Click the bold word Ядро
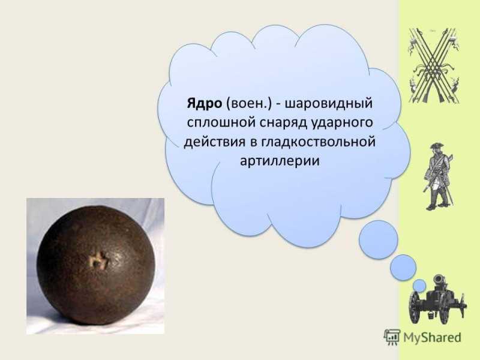(204, 103)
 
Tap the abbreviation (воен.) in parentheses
(249, 104)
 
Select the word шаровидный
(329, 104)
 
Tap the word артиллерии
(280, 161)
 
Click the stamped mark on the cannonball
(98, 262)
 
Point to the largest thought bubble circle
(379, 239)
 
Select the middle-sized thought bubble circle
(403, 268)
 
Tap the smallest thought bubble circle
(419, 286)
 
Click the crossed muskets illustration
(434, 65)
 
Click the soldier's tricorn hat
(434, 145)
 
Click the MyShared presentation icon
(392, 337)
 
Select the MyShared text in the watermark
(432, 337)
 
